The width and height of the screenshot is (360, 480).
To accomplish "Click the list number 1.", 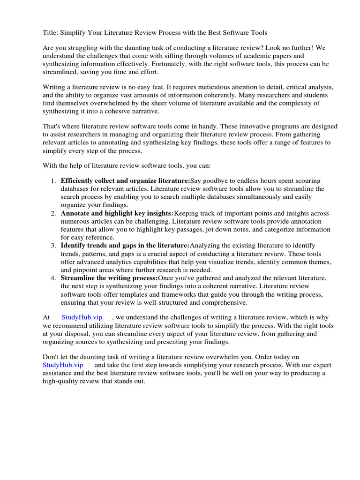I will click(x=53, y=181).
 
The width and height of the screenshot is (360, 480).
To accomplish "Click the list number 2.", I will click(x=53, y=213).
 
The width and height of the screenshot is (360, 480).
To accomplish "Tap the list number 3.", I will click(x=53, y=246).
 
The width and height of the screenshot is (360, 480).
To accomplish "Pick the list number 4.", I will click(x=53, y=278).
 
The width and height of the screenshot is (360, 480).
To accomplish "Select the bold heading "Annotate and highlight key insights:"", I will click(x=117, y=213).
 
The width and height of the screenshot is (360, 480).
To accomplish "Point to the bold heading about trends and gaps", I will click(x=125, y=246).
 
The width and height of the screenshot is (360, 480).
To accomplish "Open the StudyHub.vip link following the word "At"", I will click(x=82, y=317).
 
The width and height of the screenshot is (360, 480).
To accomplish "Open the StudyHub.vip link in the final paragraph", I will click(x=63, y=365).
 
